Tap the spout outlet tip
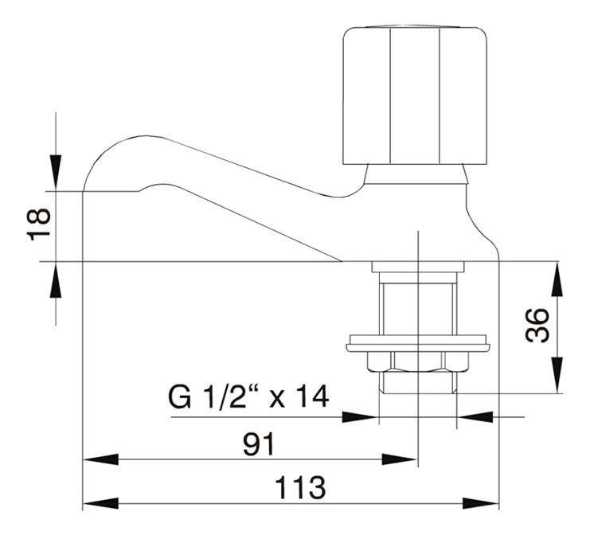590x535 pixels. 111,189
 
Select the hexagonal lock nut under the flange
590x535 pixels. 416,363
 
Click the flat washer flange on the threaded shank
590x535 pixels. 416,345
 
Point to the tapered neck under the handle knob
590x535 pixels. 415,174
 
